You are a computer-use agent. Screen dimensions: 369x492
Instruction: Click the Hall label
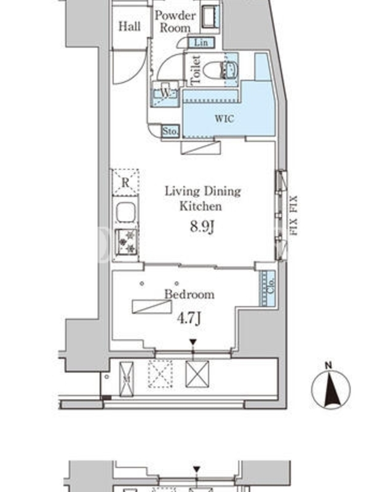(x=129, y=26)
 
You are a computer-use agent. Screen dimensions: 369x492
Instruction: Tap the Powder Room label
(x=175, y=22)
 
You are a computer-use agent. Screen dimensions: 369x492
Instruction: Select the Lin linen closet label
(x=201, y=42)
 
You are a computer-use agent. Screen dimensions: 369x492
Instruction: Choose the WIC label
(x=224, y=119)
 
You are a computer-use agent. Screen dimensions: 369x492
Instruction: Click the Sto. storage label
(x=170, y=131)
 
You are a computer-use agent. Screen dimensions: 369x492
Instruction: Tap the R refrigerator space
(x=125, y=182)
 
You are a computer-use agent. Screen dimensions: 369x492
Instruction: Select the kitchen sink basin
(x=126, y=212)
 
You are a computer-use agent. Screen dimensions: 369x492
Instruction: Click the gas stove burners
(x=127, y=241)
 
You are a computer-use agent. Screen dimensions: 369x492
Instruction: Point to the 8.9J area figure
(x=202, y=226)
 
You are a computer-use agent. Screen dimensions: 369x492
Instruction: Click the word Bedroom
(x=189, y=295)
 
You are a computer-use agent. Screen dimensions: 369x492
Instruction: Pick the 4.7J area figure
(x=189, y=318)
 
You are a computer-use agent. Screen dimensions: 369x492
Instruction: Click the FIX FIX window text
(x=293, y=215)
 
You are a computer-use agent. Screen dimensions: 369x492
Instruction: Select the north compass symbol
(x=331, y=387)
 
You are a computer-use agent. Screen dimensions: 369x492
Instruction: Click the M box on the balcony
(x=127, y=379)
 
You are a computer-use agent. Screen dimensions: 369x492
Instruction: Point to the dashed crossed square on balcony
(x=160, y=374)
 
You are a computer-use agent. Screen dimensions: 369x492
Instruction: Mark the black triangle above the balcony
(x=193, y=342)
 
